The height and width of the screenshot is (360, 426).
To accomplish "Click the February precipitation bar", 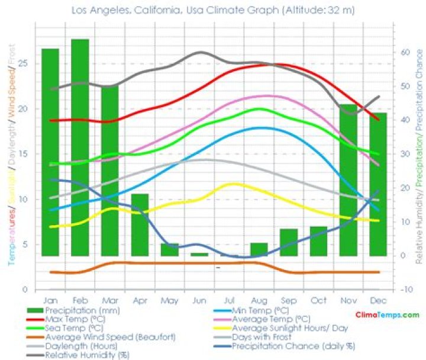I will pos(80,147).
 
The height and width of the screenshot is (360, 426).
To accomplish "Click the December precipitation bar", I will pos(378,184).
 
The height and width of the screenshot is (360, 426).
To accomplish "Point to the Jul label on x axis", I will pos(229,300).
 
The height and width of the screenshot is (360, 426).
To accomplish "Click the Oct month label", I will pos(318,300).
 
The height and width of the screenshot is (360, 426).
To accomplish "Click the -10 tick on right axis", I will pos(405,289).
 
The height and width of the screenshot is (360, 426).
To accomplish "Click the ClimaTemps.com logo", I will pos(387,316).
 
